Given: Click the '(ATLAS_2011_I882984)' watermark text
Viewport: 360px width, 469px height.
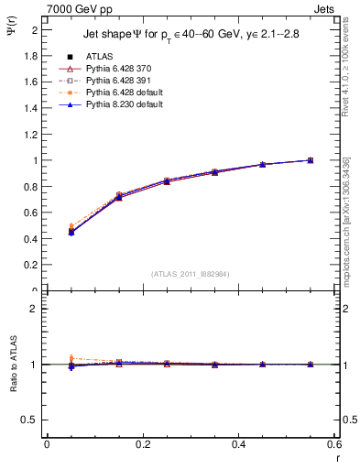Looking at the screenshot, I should tap(190, 274).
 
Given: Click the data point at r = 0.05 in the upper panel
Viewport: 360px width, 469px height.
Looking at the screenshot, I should tap(71, 231).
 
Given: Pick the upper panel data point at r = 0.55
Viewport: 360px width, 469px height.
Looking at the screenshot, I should tap(310, 160).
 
